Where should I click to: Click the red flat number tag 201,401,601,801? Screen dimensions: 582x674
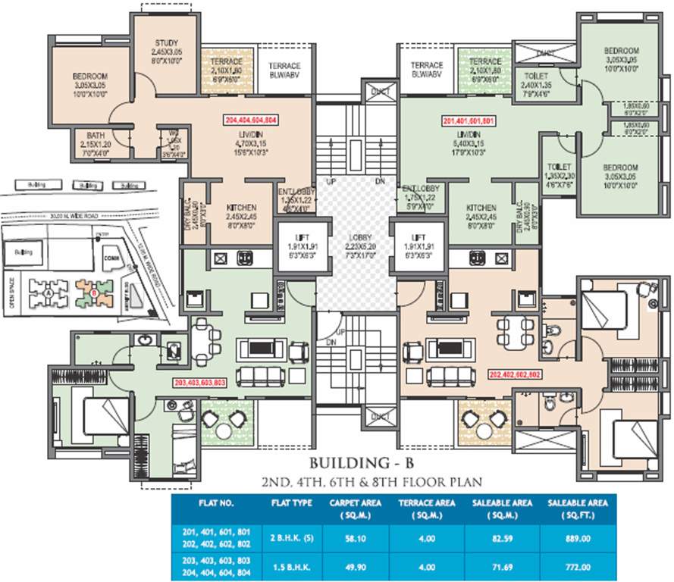pyautogui.click(x=468, y=120)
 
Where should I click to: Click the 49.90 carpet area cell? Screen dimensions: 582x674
pyautogui.click(x=349, y=565)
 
